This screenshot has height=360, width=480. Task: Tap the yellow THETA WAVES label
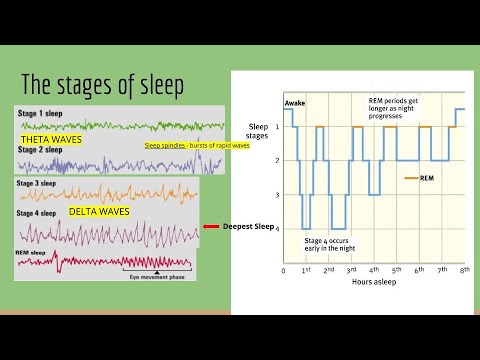point(50,140)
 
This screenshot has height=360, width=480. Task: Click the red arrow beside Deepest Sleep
point(210,226)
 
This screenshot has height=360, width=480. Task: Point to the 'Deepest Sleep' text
point(248,226)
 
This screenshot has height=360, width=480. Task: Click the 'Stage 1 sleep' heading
point(42,114)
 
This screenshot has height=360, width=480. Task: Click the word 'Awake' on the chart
point(294,103)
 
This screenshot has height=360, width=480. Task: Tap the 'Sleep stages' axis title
point(259,133)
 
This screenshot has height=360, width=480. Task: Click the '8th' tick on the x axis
point(464,271)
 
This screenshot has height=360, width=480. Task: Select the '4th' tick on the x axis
point(374,271)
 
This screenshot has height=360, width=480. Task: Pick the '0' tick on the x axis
point(283,271)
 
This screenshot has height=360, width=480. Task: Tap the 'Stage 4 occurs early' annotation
point(337,245)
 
